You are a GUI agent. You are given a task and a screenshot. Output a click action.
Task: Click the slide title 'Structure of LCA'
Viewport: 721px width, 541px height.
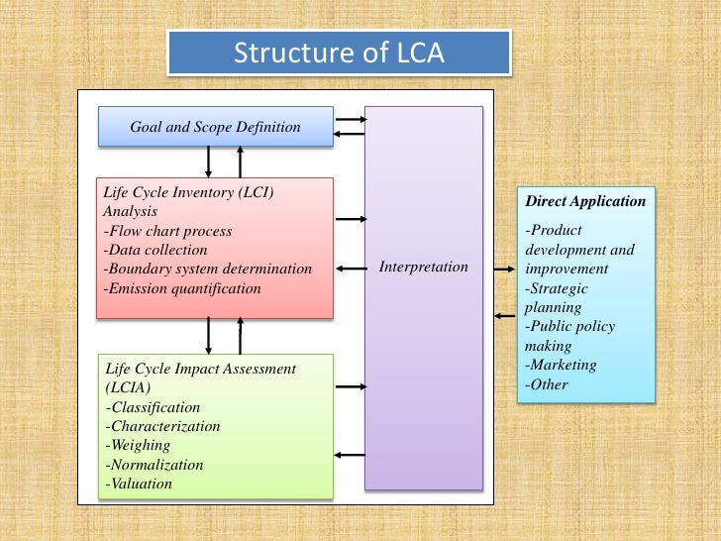coord(339,53)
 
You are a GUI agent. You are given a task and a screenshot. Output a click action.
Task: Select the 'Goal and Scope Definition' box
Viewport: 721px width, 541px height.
coord(215,127)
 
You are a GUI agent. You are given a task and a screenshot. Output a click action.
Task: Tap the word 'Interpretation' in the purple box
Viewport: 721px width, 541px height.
coord(424,268)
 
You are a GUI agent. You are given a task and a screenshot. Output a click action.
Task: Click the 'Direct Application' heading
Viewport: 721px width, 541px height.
coord(585,201)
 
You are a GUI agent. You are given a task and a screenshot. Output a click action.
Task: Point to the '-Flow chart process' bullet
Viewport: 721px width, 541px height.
coord(167,231)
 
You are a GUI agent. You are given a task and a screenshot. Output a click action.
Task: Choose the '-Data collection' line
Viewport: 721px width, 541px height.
coord(154,250)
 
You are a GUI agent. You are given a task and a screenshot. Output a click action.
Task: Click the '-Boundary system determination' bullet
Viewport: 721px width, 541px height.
coord(207,270)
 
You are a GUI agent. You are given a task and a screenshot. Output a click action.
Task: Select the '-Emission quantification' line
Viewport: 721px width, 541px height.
coord(182,288)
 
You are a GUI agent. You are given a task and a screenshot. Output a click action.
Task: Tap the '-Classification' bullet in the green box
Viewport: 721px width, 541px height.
coord(153,407)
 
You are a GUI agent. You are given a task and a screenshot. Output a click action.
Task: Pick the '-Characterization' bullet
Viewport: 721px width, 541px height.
coord(162,426)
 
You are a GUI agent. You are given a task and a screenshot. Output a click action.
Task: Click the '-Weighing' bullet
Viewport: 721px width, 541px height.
coord(138,445)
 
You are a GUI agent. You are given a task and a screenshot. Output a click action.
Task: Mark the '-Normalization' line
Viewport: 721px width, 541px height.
coord(154,465)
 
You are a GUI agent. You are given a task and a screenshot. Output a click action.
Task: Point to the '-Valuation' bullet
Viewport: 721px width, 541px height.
coord(139,484)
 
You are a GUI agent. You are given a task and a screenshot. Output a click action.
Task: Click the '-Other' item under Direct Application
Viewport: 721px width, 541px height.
coord(548,383)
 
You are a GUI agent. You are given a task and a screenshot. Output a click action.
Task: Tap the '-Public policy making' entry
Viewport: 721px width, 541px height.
coord(569,336)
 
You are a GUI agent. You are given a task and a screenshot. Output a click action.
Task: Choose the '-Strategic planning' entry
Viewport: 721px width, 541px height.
coord(557,298)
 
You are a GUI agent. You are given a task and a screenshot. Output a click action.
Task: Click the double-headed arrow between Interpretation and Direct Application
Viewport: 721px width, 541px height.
coord(500,268)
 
